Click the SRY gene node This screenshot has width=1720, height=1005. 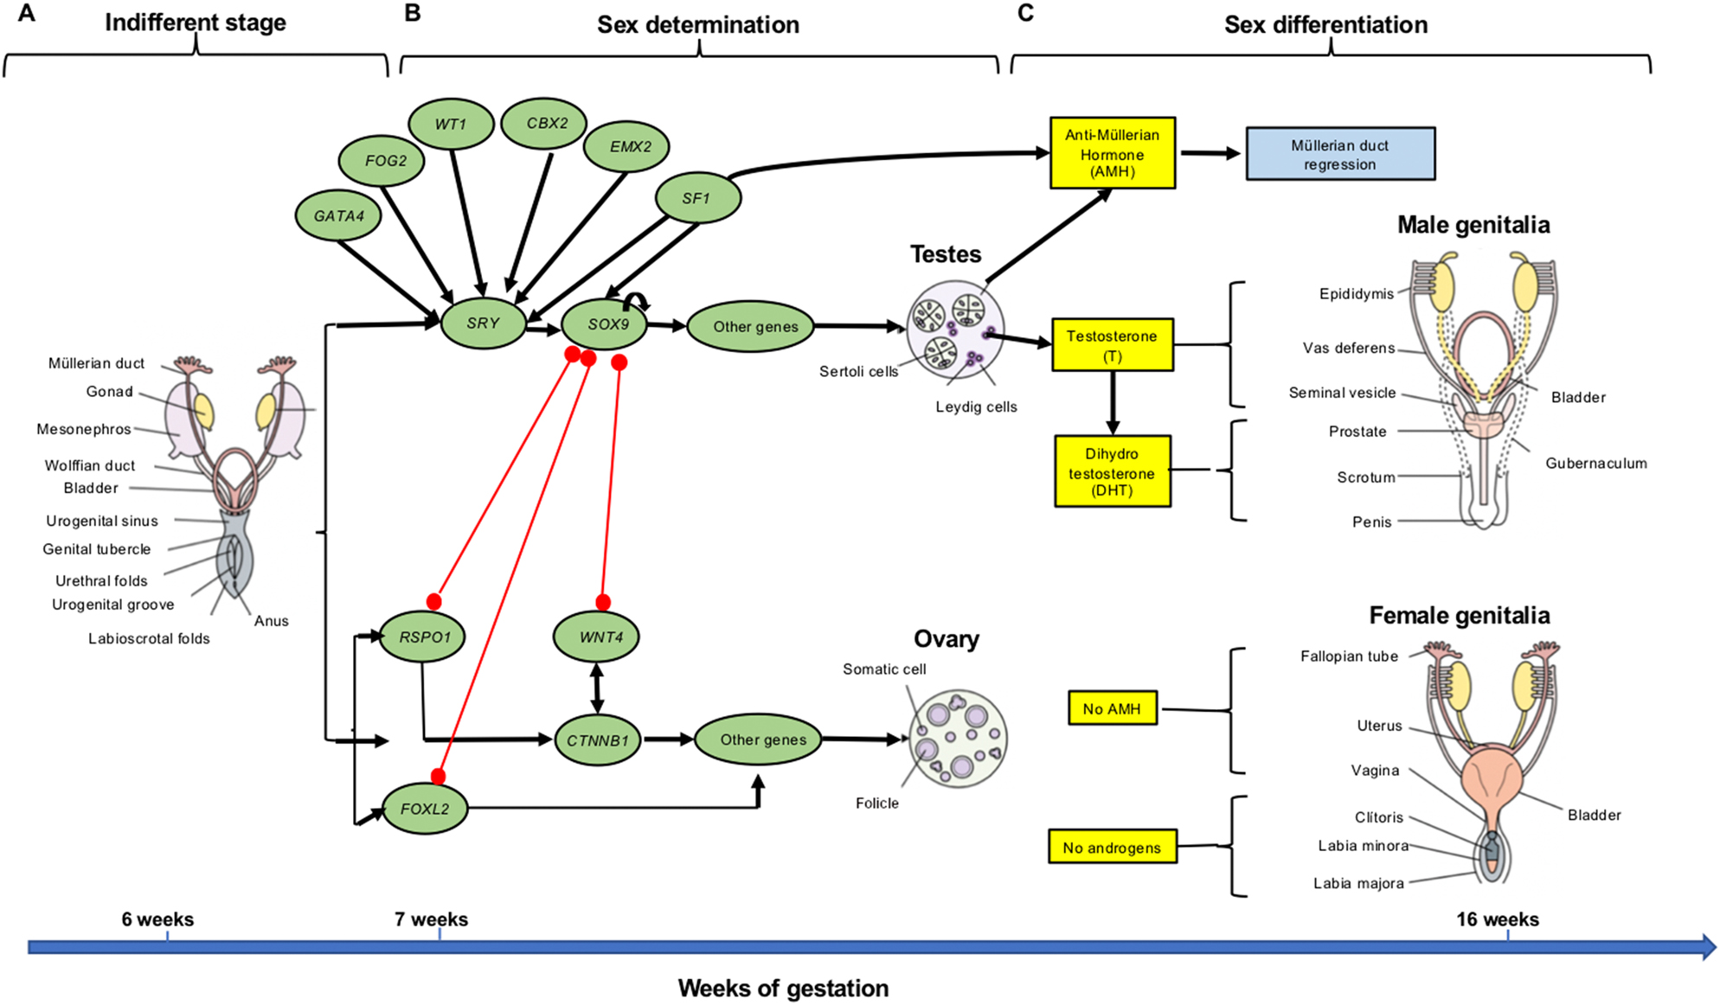[483, 323]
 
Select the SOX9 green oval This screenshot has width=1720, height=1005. [606, 325]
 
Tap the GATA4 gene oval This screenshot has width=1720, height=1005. [338, 216]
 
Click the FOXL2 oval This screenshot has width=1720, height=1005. [425, 810]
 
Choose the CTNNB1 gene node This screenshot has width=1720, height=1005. [597, 741]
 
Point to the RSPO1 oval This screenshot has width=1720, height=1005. [423, 637]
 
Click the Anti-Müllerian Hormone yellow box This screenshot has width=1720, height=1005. [1112, 153]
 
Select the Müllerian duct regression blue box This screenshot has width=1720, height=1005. [1339, 155]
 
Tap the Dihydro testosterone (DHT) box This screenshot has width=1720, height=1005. [1112, 471]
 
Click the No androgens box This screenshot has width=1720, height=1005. [1112, 848]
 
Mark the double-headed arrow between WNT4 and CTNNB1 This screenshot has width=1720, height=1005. [596, 688]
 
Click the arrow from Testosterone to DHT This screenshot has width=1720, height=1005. [1113, 403]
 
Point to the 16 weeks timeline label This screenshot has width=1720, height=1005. [1497, 920]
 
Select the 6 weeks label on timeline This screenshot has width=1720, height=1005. [157, 920]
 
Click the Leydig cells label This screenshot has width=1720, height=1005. [976, 407]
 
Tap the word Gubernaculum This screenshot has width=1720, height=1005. [1595, 464]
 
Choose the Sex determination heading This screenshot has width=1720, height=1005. [697, 25]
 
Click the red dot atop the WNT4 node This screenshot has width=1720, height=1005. [603, 602]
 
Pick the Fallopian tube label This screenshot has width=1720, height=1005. [1349, 656]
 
